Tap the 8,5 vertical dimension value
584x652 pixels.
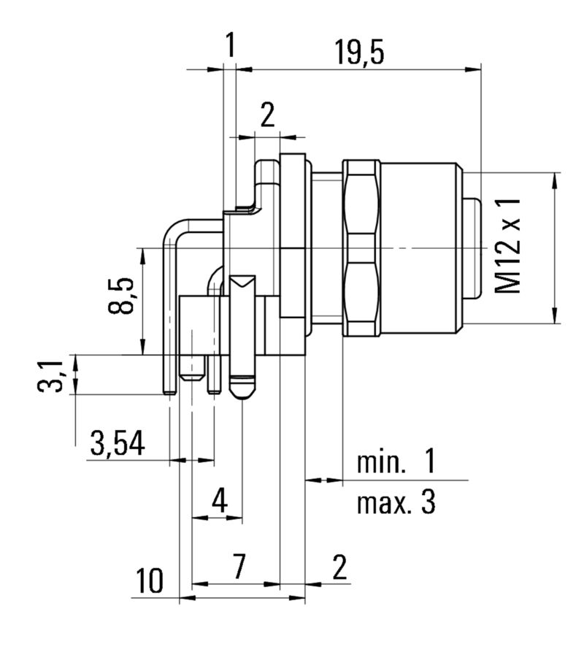tap(122, 296)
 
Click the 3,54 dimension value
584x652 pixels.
tap(117, 443)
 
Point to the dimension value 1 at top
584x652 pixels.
tap(230, 47)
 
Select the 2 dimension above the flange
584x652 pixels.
tap(269, 115)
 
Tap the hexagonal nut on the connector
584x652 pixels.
tap(361, 248)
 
